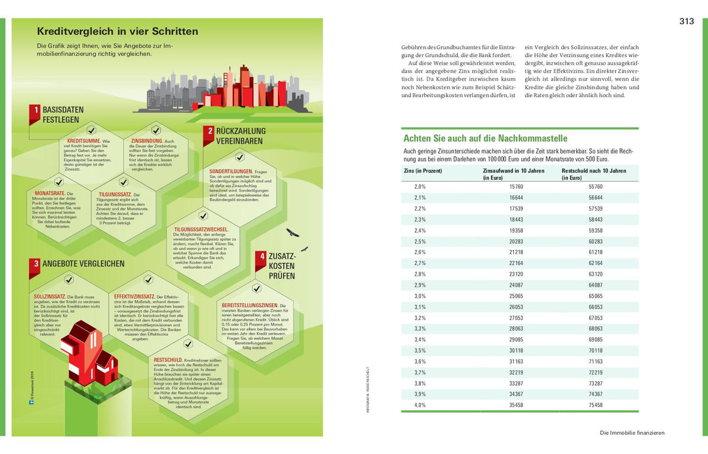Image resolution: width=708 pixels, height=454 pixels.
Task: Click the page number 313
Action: [x=686, y=22]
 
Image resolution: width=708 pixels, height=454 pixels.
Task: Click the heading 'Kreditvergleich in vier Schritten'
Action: [x=117, y=31]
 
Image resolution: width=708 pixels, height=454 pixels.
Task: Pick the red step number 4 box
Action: [x=261, y=257]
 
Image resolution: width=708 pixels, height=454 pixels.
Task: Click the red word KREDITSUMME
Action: [x=83, y=141]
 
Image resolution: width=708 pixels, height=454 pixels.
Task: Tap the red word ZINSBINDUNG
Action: [x=147, y=141]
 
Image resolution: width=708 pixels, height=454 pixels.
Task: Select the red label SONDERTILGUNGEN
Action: [x=226, y=171]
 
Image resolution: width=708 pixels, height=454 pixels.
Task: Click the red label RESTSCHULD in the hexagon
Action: [x=168, y=360]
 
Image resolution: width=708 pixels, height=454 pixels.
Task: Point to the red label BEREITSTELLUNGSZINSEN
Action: [x=250, y=306]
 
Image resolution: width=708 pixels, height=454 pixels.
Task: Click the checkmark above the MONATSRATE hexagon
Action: [x=59, y=182]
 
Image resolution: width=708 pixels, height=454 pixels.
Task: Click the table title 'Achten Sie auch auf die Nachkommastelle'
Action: [x=485, y=138]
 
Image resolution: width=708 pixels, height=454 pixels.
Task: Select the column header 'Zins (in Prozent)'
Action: [x=423, y=171]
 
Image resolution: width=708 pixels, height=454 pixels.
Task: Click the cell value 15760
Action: [x=516, y=186]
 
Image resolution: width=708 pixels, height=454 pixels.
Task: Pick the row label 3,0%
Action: [x=420, y=296]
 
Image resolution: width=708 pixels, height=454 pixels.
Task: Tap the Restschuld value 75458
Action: [x=595, y=405]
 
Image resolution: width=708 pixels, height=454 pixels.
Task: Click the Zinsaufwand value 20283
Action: [x=516, y=241]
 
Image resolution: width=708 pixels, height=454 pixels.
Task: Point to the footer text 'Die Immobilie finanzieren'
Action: [x=632, y=433]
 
